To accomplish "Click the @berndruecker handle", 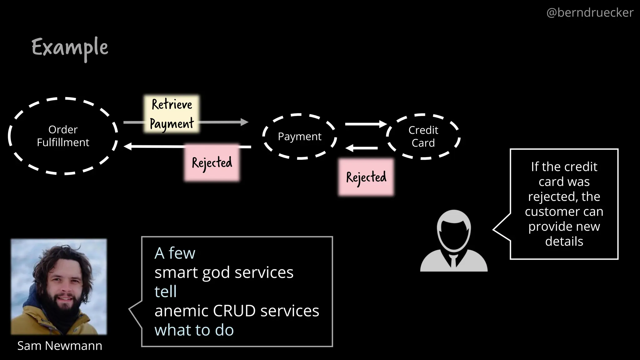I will click(x=590, y=12).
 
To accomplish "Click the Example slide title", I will click(x=70, y=48).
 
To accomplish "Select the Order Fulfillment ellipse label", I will click(x=63, y=136).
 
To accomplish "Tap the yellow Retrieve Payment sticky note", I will click(x=172, y=114).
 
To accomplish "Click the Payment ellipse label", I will click(x=299, y=137).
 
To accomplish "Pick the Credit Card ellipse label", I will click(x=423, y=136).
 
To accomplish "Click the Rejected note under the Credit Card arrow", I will click(x=366, y=177).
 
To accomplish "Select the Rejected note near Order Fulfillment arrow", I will click(x=212, y=162).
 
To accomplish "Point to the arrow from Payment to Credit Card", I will click(x=366, y=124).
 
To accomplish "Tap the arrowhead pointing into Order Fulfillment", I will click(x=127, y=146).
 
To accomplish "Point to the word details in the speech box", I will click(x=564, y=242).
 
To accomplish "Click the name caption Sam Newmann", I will click(x=60, y=346).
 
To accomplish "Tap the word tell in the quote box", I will click(x=165, y=292).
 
